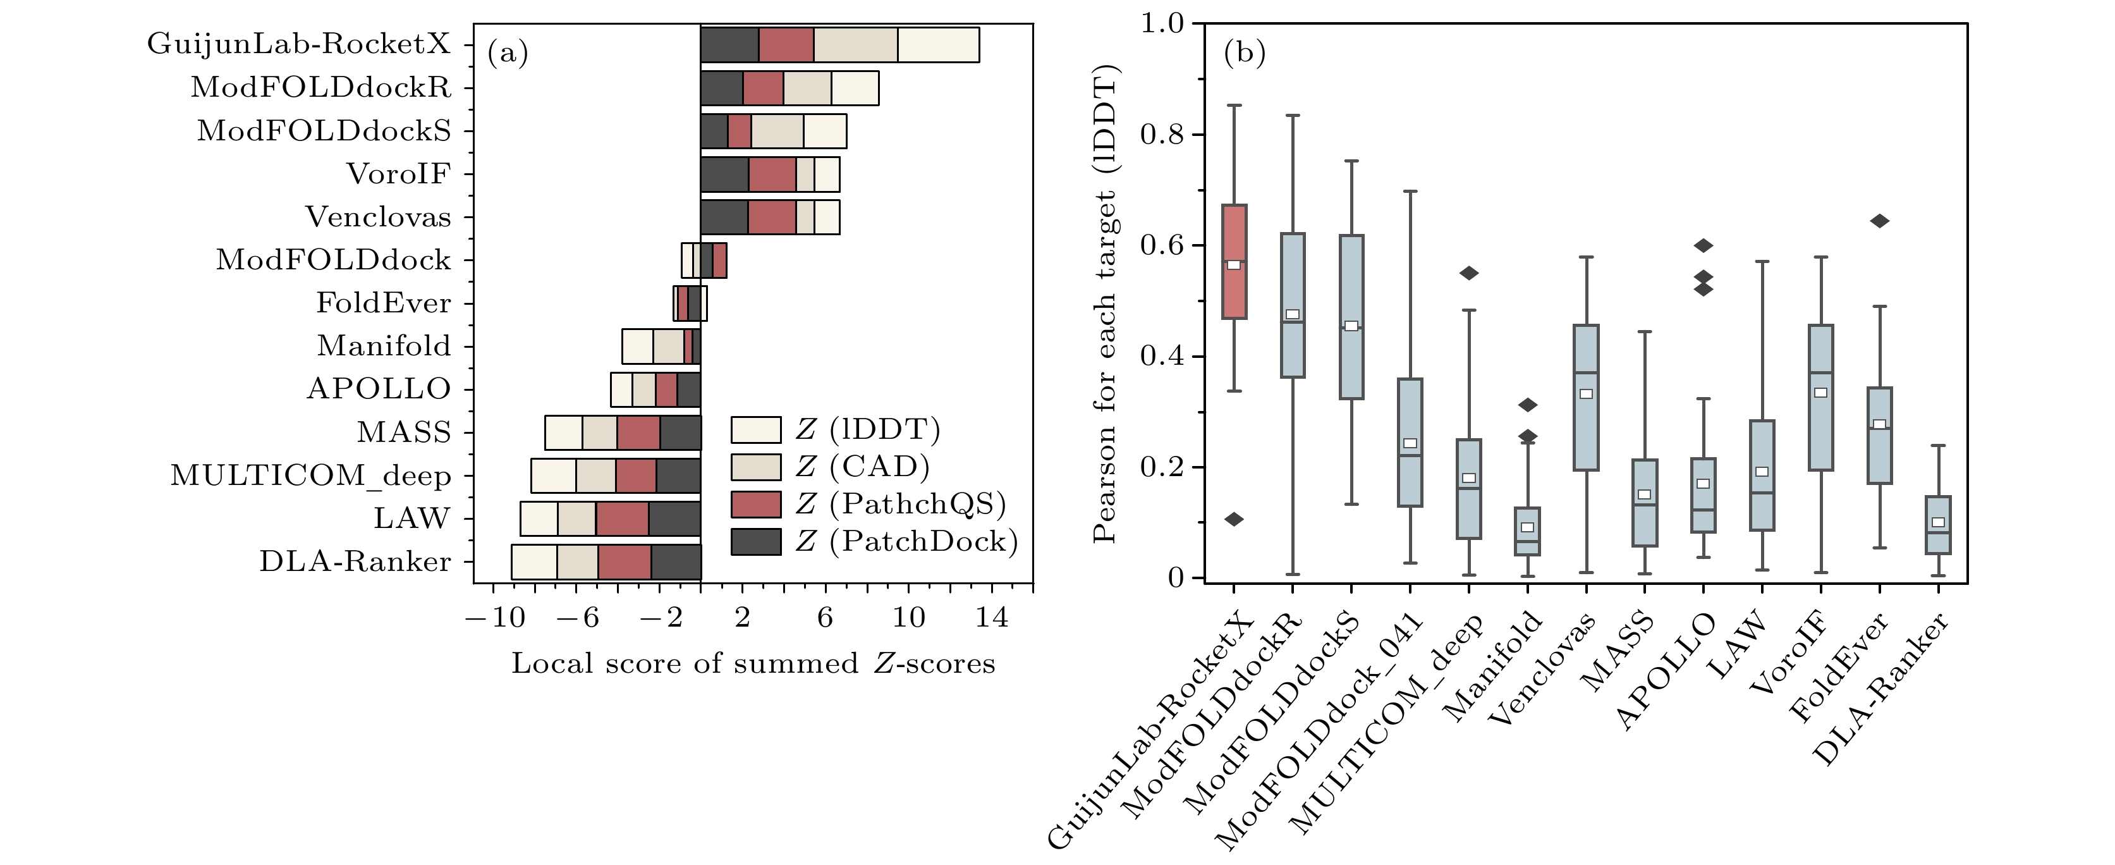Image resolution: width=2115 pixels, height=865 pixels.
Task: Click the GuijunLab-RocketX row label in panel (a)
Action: pyautogui.click(x=299, y=44)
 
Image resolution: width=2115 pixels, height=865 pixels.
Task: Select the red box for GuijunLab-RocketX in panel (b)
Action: pyautogui.click(x=1234, y=261)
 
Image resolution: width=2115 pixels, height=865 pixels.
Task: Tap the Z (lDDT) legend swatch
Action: pyautogui.click(x=755, y=429)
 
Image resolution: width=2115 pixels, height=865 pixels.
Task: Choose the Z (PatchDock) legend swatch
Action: pyautogui.click(x=755, y=541)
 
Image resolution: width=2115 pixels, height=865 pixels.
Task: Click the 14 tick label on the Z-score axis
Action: pyautogui.click(x=992, y=617)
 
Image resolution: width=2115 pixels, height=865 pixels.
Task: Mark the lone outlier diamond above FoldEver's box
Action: pyautogui.click(x=1879, y=221)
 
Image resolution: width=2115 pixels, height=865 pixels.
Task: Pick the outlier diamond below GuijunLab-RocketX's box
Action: pyautogui.click(x=1234, y=519)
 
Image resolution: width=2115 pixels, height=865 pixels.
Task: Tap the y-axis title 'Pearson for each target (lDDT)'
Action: pyautogui.click(x=1106, y=304)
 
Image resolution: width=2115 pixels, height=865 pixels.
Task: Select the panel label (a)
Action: pyautogui.click(x=508, y=53)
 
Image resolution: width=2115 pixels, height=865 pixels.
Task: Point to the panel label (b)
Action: pyautogui.click(x=1245, y=53)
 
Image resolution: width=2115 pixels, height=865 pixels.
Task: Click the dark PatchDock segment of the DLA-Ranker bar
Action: pyautogui.click(x=676, y=562)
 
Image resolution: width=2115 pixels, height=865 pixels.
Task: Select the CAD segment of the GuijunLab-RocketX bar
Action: pyautogui.click(x=855, y=44)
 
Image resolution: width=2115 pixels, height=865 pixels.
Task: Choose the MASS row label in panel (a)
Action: pyautogui.click(x=404, y=432)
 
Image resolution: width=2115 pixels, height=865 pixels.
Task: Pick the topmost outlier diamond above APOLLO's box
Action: pyautogui.click(x=1704, y=245)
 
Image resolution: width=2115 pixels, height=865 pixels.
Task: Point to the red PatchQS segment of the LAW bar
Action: pyautogui.click(x=623, y=519)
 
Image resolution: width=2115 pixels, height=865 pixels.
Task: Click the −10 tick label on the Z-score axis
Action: pyautogui.click(x=494, y=617)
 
